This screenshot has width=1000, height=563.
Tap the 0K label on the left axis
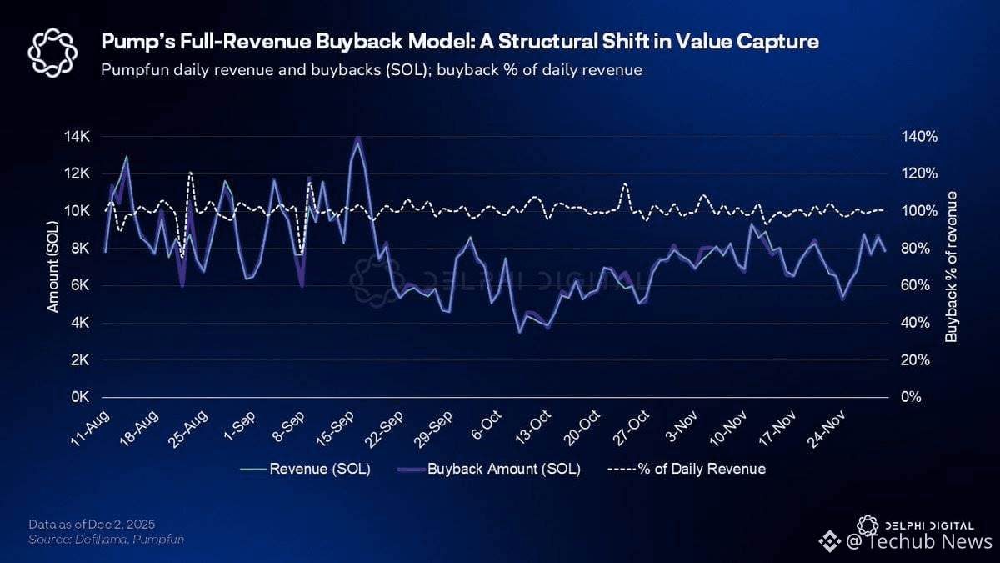click(x=78, y=397)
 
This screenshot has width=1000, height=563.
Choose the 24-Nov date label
click(x=832, y=427)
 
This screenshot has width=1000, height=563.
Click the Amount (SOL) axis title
click(x=52, y=266)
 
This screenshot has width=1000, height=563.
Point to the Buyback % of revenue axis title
click(x=951, y=266)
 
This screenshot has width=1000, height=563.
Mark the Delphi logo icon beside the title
click(x=53, y=52)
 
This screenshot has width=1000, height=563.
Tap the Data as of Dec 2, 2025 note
click(x=92, y=524)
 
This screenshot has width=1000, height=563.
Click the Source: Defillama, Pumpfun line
click(x=106, y=540)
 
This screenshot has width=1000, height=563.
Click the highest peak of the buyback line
click(x=357, y=138)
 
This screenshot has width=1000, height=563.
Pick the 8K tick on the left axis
click(x=78, y=248)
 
